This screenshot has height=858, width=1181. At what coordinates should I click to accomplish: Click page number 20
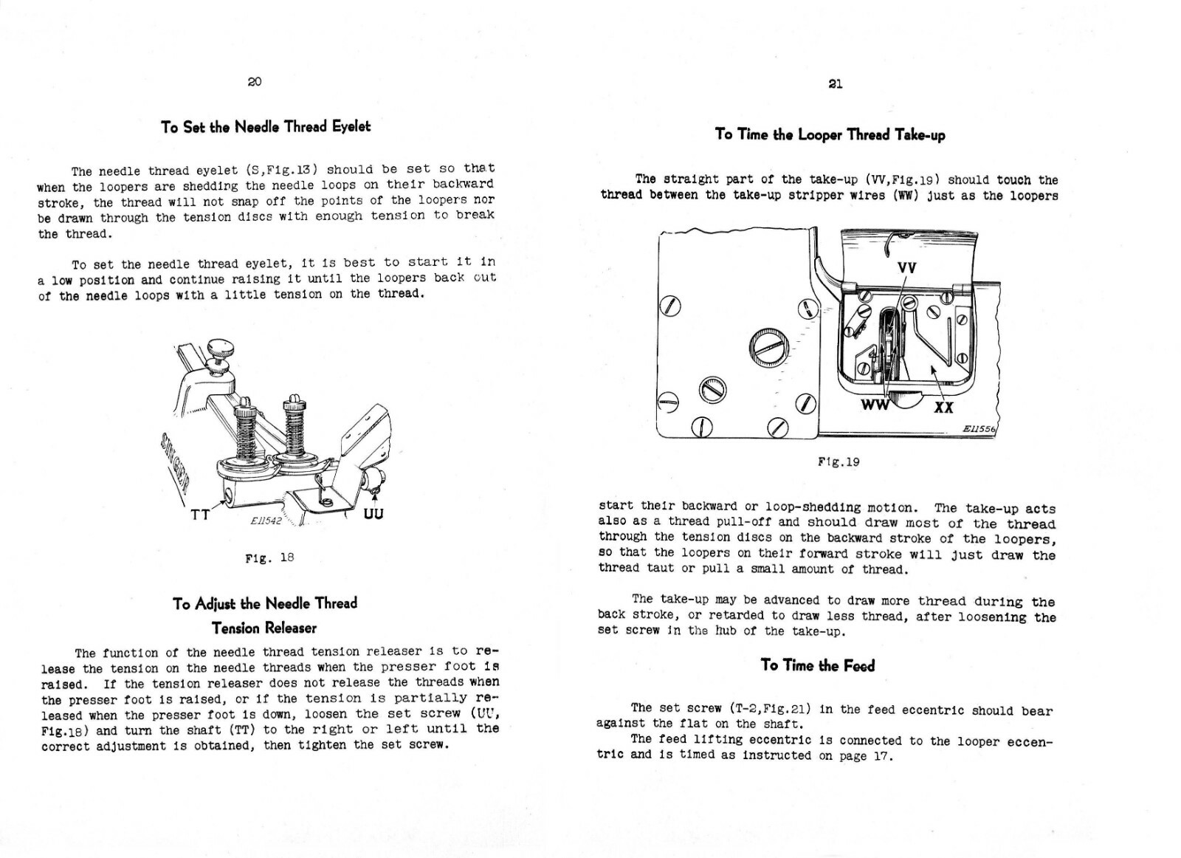254,82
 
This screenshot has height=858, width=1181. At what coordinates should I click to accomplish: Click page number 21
835,83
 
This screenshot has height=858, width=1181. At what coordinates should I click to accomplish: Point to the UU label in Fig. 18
373,513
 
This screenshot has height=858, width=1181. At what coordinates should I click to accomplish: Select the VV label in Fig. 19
906,268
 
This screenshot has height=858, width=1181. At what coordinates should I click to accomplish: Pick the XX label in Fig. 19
943,407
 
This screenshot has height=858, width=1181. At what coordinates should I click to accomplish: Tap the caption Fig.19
839,462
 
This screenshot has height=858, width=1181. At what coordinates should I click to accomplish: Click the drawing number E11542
266,521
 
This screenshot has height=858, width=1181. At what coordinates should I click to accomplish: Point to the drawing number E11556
979,429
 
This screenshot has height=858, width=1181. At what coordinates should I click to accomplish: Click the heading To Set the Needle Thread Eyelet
266,127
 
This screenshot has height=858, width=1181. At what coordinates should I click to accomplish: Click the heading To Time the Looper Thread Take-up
830,134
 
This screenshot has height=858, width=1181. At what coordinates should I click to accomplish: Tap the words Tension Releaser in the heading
264,628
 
